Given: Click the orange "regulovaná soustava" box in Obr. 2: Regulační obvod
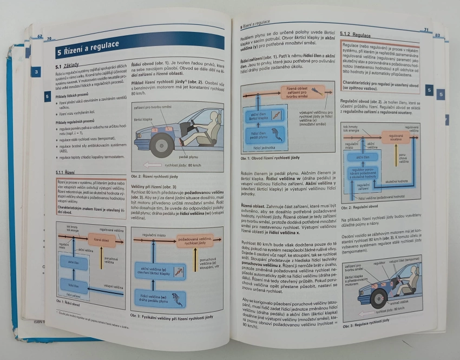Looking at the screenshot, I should pyautogui.click(x=395, y=137).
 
